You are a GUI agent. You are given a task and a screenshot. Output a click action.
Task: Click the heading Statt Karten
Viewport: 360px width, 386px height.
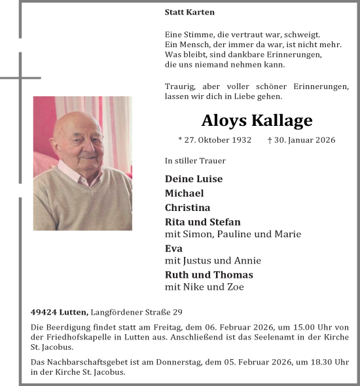coord(190,12)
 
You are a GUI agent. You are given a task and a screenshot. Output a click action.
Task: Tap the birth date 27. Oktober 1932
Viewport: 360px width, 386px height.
coord(215,140)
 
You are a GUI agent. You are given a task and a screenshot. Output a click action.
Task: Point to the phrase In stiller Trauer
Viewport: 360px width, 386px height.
coord(195,161)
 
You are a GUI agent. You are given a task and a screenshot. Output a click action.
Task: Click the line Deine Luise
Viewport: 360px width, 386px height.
coord(194,179)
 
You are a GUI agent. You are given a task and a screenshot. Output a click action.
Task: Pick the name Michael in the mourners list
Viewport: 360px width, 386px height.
coord(184,193)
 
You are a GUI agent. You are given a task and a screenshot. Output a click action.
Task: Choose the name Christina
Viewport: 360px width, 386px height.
coord(187,208)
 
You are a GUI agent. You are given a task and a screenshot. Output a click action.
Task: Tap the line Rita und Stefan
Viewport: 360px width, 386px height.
coord(203,222)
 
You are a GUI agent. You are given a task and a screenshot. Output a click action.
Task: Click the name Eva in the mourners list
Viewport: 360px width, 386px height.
coord(173,248)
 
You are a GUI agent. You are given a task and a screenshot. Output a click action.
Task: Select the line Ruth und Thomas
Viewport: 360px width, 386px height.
coord(209,275)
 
